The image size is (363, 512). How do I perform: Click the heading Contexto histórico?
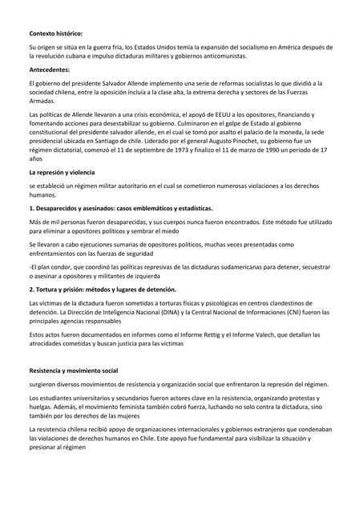[55, 34]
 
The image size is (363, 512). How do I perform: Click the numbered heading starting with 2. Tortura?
[102, 289]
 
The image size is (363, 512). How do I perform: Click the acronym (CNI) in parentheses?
[276, 315]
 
